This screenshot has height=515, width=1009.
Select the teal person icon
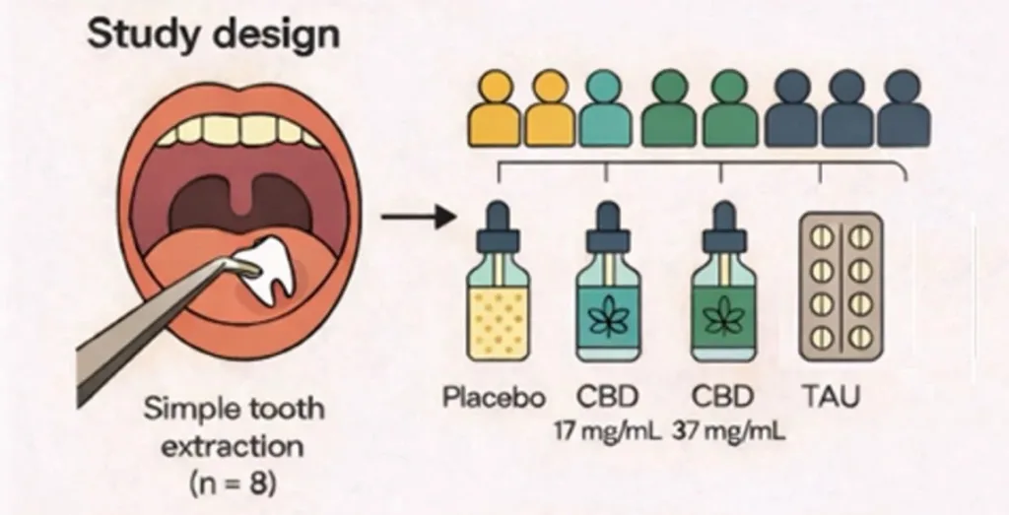(x=606, y=109)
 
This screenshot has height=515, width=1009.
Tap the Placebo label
(x=494, y=398)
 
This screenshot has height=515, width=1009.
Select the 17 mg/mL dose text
(x=613, y=430)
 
